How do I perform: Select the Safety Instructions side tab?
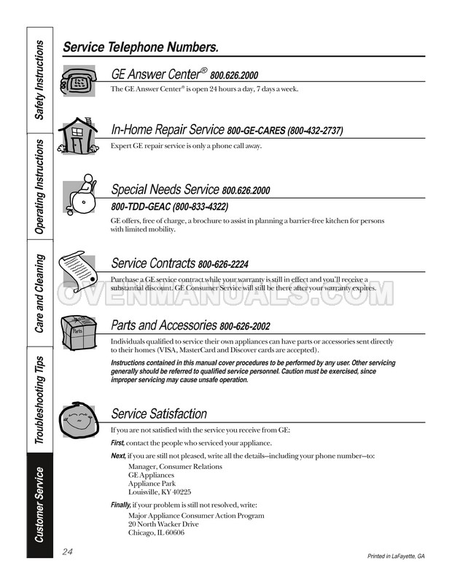pyautogui.click(x=41, y=80)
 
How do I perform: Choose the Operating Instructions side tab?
pyautogui.click(x=41, y=187)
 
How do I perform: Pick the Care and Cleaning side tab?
pyautogui.click(x=41, y=292)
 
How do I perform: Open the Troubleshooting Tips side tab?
pyautogui.click(x=41, y=400)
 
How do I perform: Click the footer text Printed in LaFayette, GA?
pyautogui.click(x=396, y=557)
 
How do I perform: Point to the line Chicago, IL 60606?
pyautogui.click(x=156, y=533)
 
